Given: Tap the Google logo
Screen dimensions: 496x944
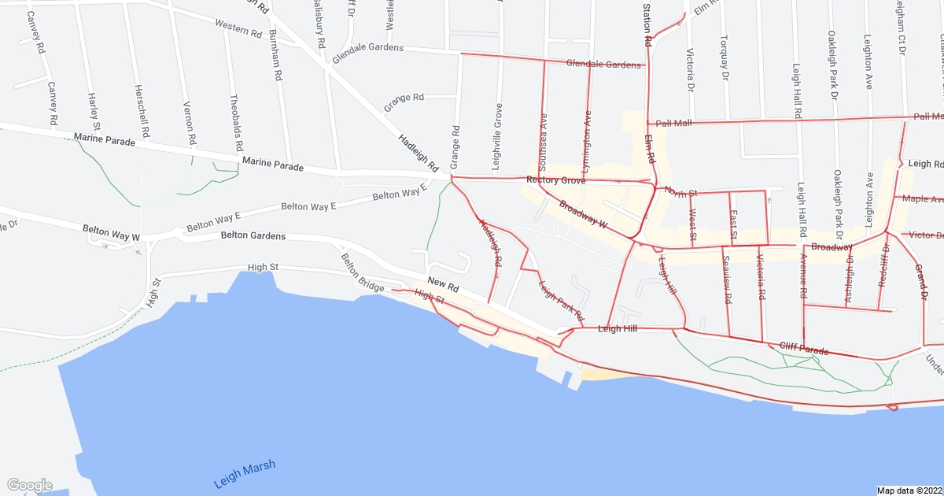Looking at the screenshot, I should pyautogui.click(x=29, y=485).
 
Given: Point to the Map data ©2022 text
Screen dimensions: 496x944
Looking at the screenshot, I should pyautogui.click(x=909, y=490).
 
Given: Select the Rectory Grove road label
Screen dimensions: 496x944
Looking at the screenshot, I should pyautogui.click(x=555, y=181).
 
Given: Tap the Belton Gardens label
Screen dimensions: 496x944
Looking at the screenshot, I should pyautogui.click(x=253, y=235).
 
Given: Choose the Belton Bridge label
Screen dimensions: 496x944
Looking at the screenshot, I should pyautogui.click(x=363, y=272).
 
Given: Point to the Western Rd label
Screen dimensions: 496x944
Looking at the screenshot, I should pyautogui.click(x=237, y=28).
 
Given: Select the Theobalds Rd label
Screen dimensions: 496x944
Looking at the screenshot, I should pyautogui.click(x=235, y=124).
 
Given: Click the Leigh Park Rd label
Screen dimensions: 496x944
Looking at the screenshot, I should pyautogui.click(x=562, y=300).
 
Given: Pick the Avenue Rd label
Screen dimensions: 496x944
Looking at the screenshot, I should pyautogui.click(x=803, y=276).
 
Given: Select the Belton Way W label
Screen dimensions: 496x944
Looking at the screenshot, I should pyautogui.click(x=111, y=234).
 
